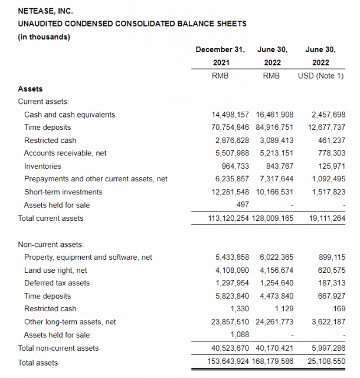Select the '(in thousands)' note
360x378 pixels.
(44, 37)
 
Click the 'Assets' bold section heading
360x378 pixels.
(30, 89)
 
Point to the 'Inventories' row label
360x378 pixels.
(42, 166)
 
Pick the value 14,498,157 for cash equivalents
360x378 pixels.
(230, 115)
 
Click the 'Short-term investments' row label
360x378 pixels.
(63, 192)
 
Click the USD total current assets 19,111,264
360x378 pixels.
(327, 218)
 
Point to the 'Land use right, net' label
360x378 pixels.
(56, 270)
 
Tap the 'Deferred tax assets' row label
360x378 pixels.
(57, 283)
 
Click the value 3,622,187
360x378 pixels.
(327, 322)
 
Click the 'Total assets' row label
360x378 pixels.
(38, 362)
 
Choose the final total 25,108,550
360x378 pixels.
(327, 361)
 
